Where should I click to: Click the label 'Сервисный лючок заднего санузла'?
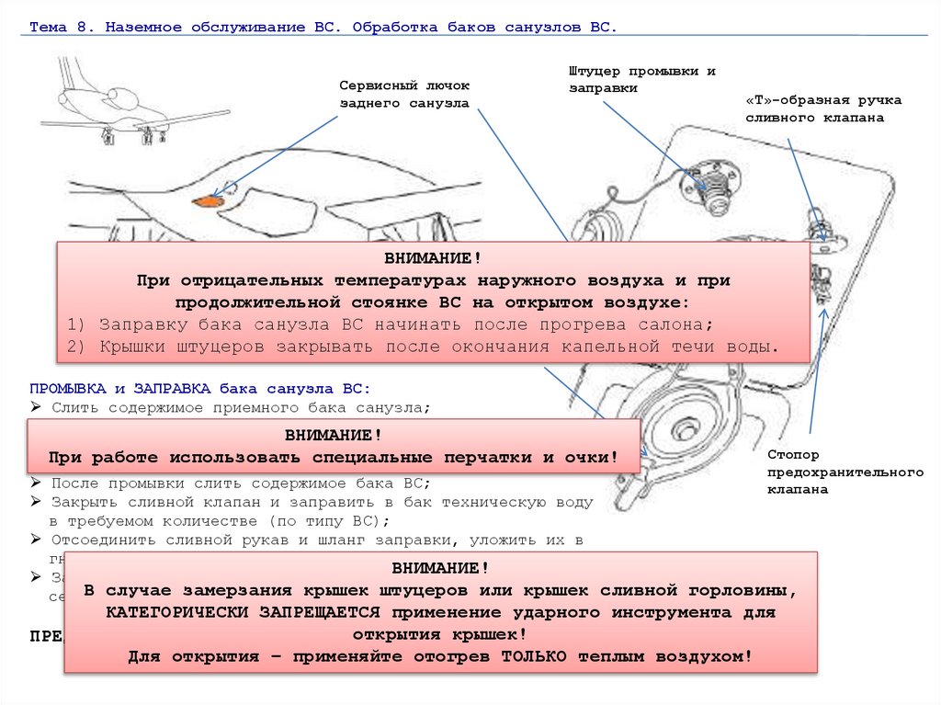point(404,95)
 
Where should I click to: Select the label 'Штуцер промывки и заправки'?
point(641,79)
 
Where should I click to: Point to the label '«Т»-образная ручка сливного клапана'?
point(823,108)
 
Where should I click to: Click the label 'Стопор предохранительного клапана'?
point(845,472)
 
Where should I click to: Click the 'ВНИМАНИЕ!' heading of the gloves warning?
point(333,435)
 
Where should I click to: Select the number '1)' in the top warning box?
point(77,325)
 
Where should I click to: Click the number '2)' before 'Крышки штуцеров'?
point(77,347)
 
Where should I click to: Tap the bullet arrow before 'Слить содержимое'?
point(35,406)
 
